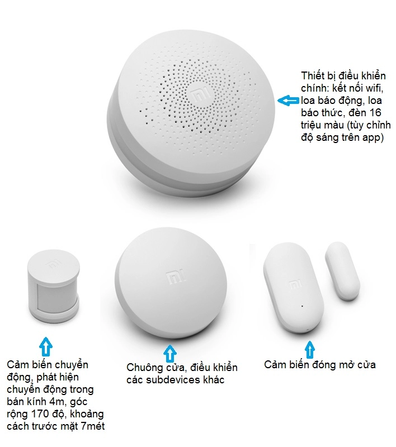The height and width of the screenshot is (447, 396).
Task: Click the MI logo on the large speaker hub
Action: (x=199, y=94)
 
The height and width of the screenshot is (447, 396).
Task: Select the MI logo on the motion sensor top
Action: (x=56, y=263)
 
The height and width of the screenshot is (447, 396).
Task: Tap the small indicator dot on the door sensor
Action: (x=301, y=306)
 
